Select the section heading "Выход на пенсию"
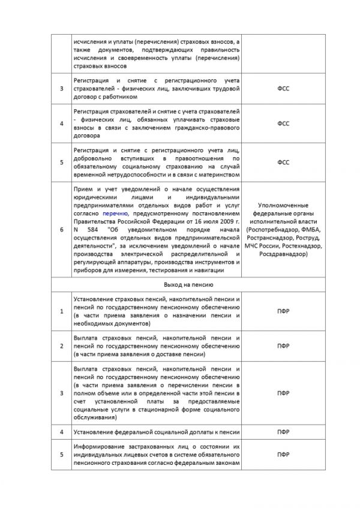tap(158, 285)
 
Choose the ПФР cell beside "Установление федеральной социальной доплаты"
tap(283, 432)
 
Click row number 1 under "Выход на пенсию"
tap(61, 310)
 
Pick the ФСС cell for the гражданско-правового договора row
tap(283, 124)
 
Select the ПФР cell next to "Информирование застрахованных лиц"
tap(283, 455)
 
